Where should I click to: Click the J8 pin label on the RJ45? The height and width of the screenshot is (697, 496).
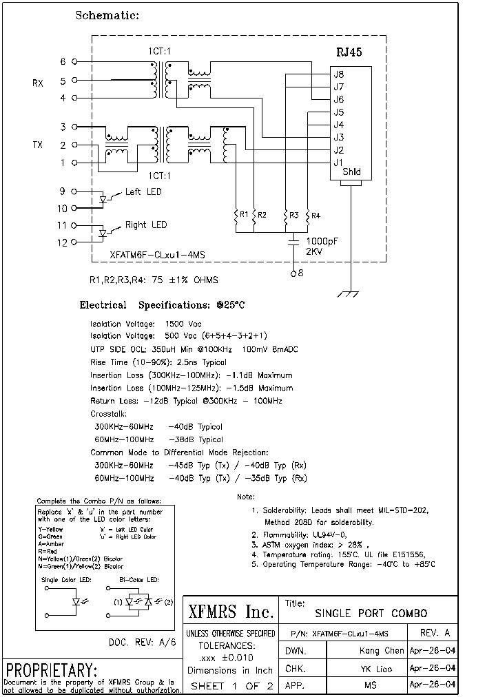click(x=338, y=75)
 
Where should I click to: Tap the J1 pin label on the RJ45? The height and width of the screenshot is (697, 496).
click(x=338, y=163)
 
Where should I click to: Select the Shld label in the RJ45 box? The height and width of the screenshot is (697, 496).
click(x=351, y=172)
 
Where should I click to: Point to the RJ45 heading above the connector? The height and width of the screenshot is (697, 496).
click(x=349, y=52)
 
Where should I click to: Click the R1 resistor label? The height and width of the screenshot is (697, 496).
click(x=242, y=216)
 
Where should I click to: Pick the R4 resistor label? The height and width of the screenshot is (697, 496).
click(x=316, y=216)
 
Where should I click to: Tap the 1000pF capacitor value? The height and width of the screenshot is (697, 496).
click(x=321, y=241)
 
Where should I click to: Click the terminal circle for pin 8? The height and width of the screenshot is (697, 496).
click(x=293, y=273)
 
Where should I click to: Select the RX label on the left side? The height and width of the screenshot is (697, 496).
click(x=38, y=83)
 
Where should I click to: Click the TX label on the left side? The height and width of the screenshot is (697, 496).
click(x=38, y=145)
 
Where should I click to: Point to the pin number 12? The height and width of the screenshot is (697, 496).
click(x=62, y=242)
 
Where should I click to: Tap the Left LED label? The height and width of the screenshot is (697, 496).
click(x=143, y=191)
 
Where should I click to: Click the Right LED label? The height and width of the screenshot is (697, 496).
click(x=145, y=225)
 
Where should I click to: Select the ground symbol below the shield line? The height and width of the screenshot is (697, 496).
click(x=351, y=293)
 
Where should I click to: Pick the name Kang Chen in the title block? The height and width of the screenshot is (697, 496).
click(x=382, y=650)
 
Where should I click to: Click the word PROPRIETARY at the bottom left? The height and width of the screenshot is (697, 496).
click(x=51, y=670)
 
